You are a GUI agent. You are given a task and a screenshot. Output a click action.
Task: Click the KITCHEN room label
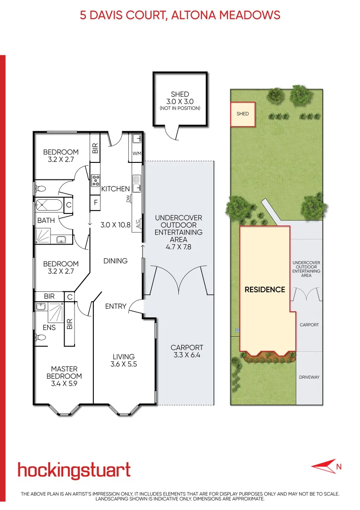click(x=115, y=189)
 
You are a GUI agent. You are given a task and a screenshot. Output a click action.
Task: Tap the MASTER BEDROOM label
click(x=64, y=376)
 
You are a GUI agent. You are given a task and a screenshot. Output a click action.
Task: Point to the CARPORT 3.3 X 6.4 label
click(x=187, y=351)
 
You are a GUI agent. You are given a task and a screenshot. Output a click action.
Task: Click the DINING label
click(x=116, y=261)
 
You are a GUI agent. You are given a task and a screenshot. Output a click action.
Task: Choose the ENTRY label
click(x=116, y=306)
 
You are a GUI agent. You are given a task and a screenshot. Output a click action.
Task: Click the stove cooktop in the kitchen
click(x=95, y=178)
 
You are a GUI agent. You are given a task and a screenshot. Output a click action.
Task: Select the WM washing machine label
click(x=137, y=153)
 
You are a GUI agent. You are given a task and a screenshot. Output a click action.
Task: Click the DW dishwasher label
click(x=128, y=199)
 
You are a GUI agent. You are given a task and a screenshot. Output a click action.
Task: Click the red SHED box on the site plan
click(x=243, y=114)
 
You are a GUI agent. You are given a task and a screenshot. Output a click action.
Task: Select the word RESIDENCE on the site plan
click(x=265, y=289)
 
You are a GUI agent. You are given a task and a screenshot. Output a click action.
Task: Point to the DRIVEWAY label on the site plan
click(x=309, y=377)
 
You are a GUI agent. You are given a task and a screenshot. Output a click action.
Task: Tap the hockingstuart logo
click(x=74, y=470)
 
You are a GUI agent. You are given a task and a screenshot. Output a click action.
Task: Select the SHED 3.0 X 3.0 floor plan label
click(x=180, y=101)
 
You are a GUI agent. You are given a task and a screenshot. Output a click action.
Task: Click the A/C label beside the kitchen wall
click(x=138, y=224)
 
